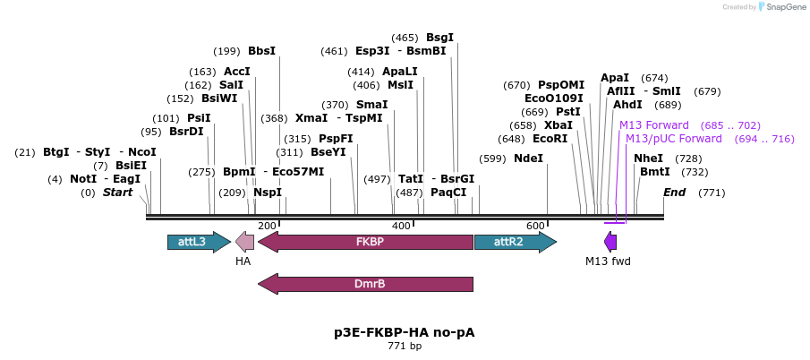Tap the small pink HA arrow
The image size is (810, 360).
pos(244,242)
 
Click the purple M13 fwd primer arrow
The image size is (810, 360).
pos(610,242)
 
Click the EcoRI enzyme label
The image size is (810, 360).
pos(550,139)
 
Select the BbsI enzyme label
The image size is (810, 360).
pos(262,51)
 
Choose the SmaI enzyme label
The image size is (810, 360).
pos(371,105)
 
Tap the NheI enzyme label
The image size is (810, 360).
pos(648,159)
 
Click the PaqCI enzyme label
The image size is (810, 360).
pos(448,193)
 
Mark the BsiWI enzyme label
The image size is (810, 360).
pos(219,99)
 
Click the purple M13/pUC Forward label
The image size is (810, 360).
pos(673,139)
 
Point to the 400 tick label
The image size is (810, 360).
pos(401,226)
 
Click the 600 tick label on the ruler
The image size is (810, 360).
pos(535,226)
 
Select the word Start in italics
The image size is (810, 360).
pos(117,193)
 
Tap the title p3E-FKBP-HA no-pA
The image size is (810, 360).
pos(405,332)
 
